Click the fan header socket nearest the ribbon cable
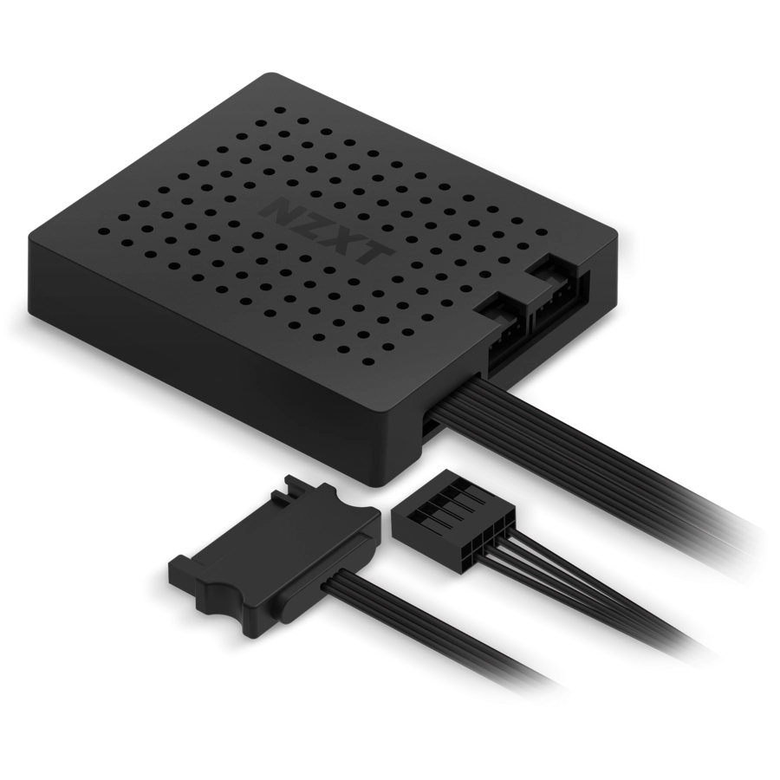tap(503, 317)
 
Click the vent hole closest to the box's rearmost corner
tap(279, 111)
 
